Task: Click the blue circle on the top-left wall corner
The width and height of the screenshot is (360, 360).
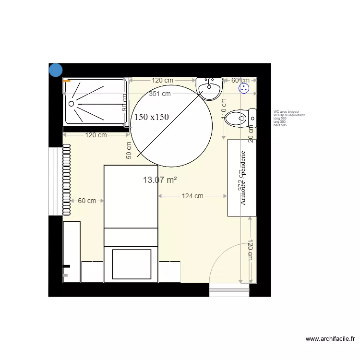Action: [56, 70]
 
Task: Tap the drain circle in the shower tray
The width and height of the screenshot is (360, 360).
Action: [72, 103]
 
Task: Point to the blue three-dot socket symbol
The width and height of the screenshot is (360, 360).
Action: [244, 88]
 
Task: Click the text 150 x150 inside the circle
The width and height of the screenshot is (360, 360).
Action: [151, 117]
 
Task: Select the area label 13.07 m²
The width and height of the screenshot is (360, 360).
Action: [160, 180]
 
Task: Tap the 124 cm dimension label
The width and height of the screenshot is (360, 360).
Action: [192, 196]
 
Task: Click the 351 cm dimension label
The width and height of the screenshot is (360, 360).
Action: [160, 94]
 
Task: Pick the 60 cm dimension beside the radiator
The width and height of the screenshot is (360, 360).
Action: [87, 201]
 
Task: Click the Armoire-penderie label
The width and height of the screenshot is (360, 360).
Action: [242, 178]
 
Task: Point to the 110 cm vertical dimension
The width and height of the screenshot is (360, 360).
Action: [224, 109]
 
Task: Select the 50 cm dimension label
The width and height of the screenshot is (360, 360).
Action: [129, 150]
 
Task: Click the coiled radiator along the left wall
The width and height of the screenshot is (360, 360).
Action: [66, 180]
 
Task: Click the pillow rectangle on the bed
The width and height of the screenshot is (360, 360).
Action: [132, 263]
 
